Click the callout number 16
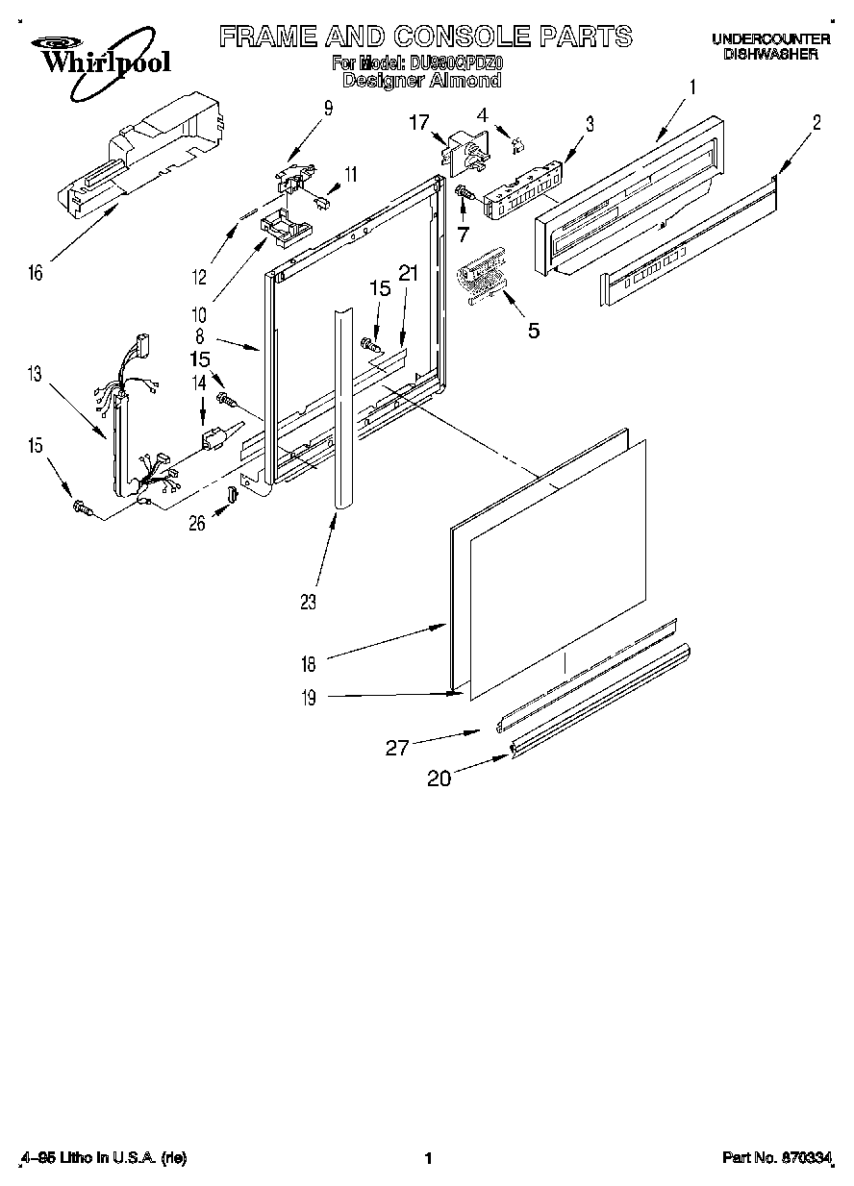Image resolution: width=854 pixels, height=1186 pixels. [x=36, y=274]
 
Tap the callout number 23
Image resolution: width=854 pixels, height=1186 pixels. [x=308, y=603]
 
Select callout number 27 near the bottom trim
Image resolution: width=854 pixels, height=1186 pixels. [x=398, y=748]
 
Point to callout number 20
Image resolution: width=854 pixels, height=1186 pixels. [x=439, y=778]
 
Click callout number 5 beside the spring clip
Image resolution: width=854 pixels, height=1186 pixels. [x=533, y=332]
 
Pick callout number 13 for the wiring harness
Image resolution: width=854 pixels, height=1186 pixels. [x=36, y=375]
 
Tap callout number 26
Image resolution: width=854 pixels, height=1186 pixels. [x=197, y=524]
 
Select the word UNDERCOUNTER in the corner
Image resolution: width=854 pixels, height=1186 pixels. [x=770, y=38]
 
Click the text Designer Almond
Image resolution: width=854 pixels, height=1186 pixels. [x=421, y=82]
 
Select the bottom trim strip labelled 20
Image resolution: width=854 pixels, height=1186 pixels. [x=601, y=703]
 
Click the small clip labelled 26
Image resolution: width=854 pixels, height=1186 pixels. [x=232, y=495]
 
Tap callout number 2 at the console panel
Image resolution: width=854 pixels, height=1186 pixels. [x=816, y=122]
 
